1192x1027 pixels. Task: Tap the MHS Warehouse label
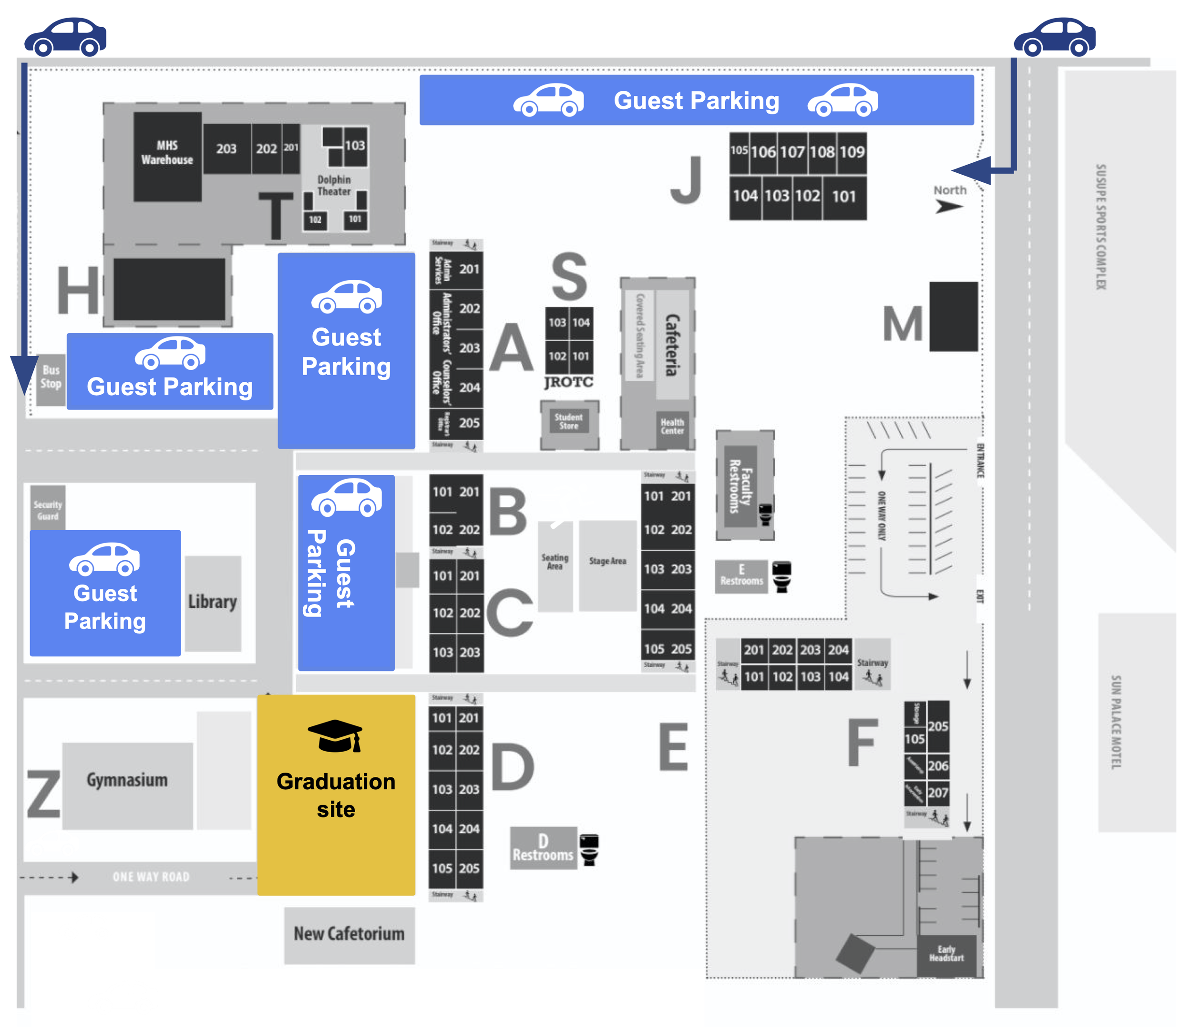[167, 153]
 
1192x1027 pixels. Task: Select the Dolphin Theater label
[334, 185]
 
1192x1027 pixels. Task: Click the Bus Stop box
[51, 377]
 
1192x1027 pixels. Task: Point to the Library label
[212, 602]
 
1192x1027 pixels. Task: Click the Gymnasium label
[127, 780]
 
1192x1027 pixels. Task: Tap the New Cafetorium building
[349, 934]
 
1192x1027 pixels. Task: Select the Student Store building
[568, 421]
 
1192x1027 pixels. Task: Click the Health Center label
[672, 427]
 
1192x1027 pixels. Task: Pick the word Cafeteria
[672, 345]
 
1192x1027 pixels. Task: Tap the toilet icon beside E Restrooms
[782, 576]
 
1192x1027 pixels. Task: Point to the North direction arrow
[948, 206]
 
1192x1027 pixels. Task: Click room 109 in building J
[852, 152]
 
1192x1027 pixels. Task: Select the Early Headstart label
[946, 954]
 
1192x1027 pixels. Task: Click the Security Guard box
[48, 510]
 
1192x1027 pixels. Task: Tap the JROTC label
[568, 382]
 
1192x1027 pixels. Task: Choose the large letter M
[903, 324]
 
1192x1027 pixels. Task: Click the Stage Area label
[607, 561]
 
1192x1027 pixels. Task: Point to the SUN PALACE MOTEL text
[1116, 723]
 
